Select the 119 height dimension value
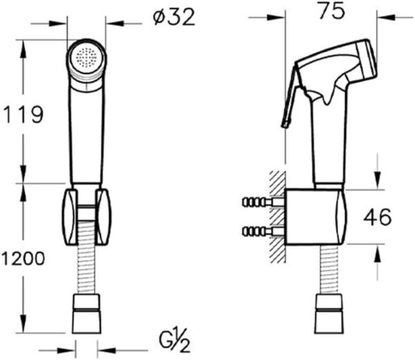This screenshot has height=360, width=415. [x=24, y=114]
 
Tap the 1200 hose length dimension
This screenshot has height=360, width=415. [x=23, y=259]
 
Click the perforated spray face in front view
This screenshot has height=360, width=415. [x=88, y=58]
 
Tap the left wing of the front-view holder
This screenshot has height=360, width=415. [x=71, y=215]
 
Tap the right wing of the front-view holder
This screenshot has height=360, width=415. [x=102, y=215]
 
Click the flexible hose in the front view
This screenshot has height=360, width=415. [x=86, y=270]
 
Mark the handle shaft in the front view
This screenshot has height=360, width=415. [x=86, y=138]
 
